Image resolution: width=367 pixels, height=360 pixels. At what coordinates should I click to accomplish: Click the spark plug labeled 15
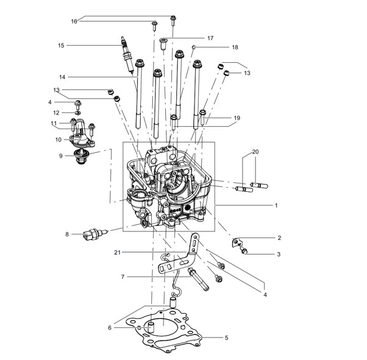pos(127,54)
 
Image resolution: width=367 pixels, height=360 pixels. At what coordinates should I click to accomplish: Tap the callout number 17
pos(210,38)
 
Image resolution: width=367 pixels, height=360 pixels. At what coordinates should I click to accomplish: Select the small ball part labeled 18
pos(194,48)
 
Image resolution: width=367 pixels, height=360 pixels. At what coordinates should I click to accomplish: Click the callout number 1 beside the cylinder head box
pos(276,205)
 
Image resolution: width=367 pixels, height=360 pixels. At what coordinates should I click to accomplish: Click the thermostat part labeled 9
pos(80,157)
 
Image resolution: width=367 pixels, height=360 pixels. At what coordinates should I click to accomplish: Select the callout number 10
pos(59,140)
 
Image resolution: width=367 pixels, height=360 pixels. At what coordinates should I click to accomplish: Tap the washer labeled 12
pos(78,113)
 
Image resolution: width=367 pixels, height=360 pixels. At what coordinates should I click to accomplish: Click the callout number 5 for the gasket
pos(226,337)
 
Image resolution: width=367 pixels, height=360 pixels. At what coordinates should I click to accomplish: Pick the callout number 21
pos(118,252)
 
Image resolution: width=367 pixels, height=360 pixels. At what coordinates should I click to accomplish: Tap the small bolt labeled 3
pos(244,251)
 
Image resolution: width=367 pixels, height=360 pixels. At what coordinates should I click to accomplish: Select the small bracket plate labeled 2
pos(235,242)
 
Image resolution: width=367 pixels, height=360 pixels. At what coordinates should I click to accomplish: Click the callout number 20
pos(255,152)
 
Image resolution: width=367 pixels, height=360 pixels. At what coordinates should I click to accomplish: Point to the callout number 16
pos(74,21)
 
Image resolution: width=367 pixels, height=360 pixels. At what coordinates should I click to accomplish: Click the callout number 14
pos(62,77)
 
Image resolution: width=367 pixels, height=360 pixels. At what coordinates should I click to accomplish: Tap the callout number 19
pos(237,118)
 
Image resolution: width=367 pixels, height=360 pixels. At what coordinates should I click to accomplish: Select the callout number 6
pos(110,328)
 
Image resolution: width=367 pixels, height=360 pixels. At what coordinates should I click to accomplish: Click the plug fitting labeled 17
pos(163,44)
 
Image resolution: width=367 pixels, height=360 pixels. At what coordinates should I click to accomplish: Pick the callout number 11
pos(54,123)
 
